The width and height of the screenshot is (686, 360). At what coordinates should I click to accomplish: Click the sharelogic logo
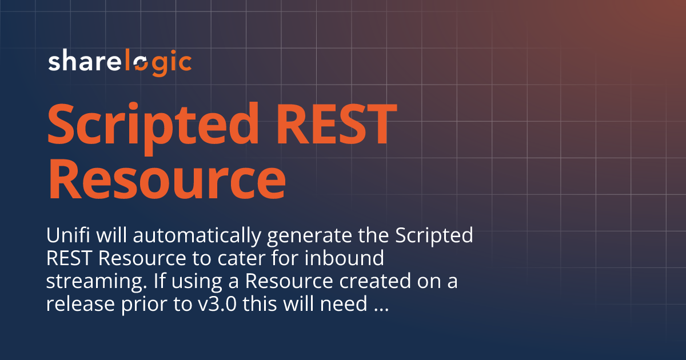[x=119, y=62]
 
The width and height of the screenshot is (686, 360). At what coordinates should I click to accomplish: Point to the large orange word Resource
[x=166, y=178]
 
